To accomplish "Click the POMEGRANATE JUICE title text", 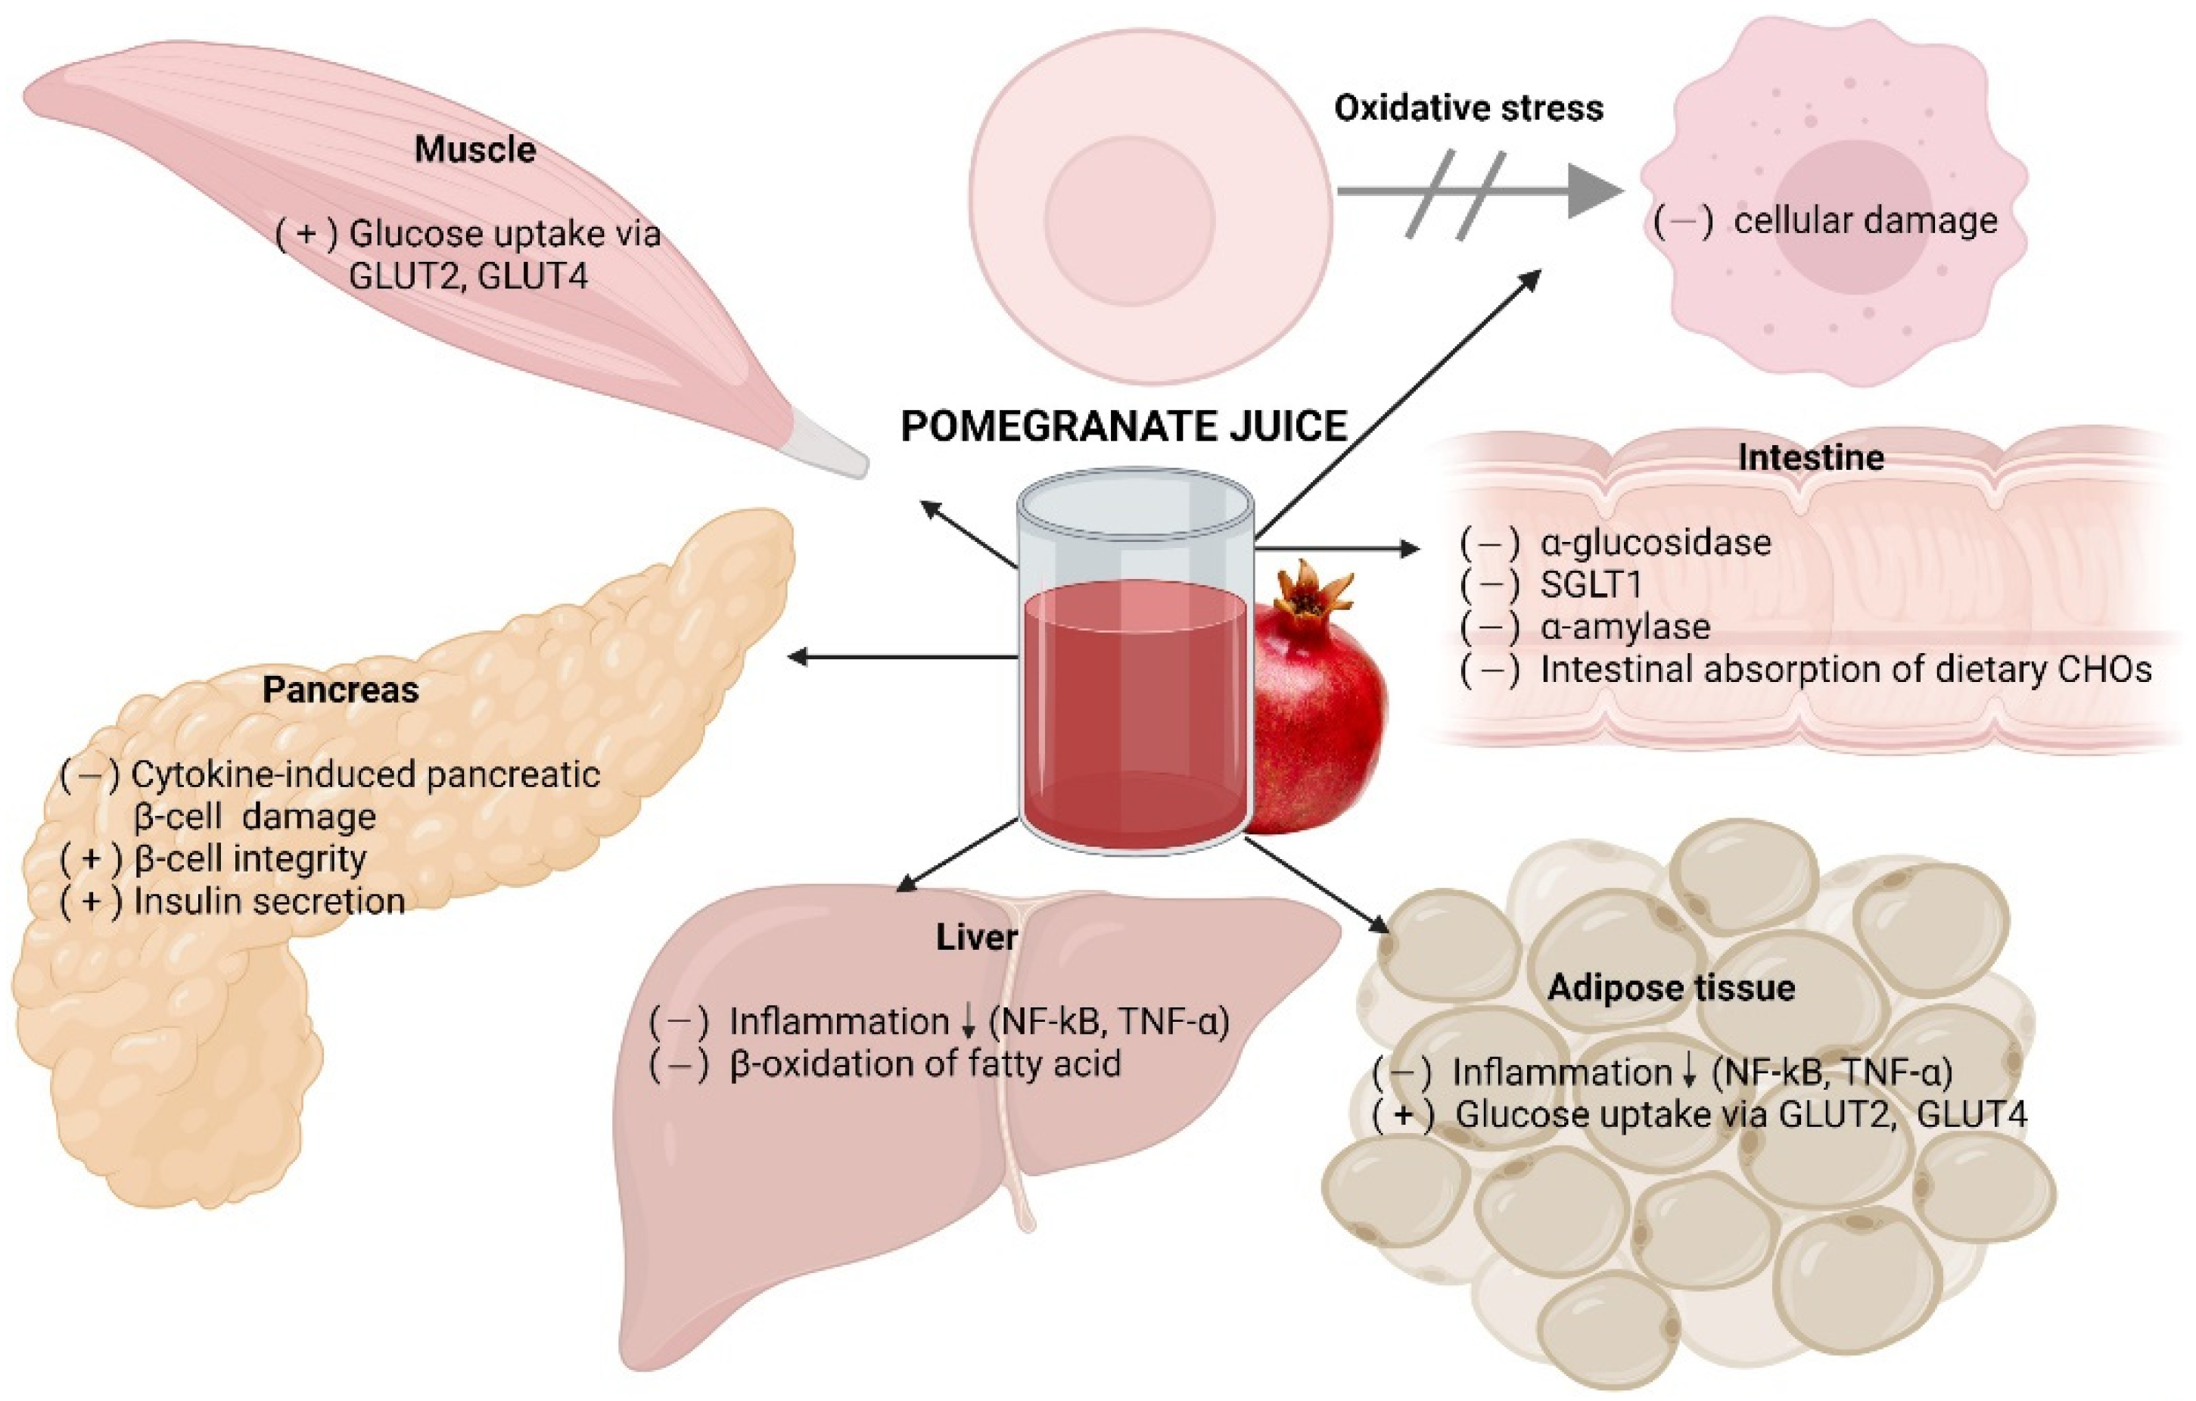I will tap(1124, 427).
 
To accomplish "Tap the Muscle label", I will tap(475, 150).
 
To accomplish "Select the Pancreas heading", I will tap(341, 690).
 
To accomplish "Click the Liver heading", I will tap(976, 938).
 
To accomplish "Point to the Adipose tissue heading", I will tap(1671, 988).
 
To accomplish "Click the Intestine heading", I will tap(1810, 457).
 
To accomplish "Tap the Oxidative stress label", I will tap(1468, 108).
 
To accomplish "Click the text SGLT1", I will tap(1591, 584).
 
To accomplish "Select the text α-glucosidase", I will tap(1655, 543).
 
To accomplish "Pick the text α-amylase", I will tap(1625, 627).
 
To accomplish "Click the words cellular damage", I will tap(1865, 222).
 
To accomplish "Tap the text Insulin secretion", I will tap(269, 901).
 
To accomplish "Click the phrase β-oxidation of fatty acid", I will tap(925, 1063).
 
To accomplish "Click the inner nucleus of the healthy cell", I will tap(1129, 219).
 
